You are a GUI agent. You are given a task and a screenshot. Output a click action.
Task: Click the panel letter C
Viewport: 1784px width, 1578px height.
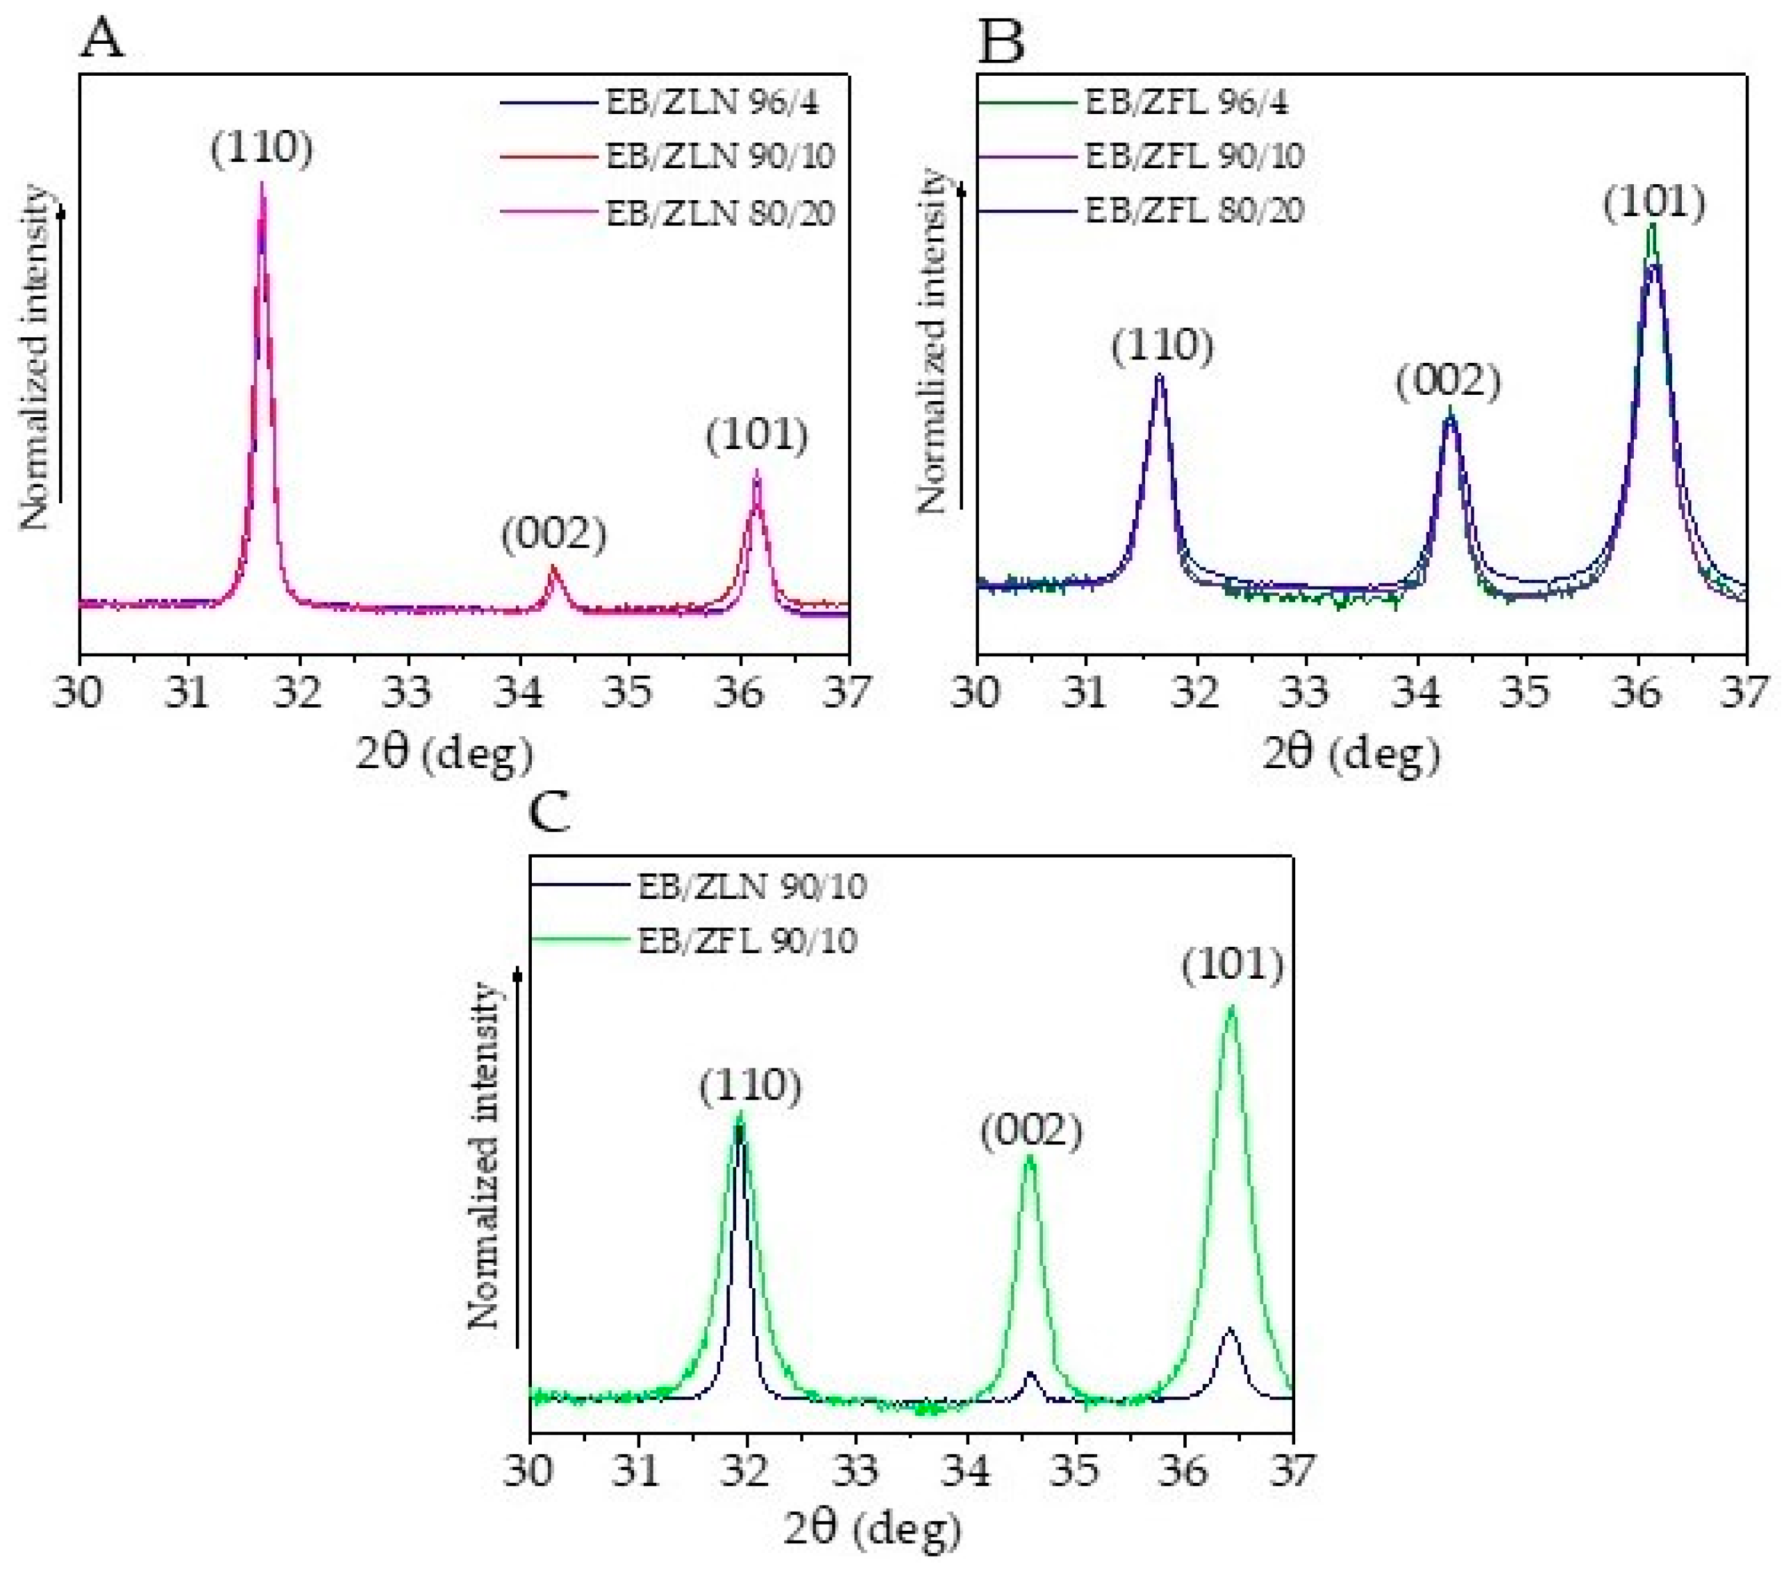coord(550,813)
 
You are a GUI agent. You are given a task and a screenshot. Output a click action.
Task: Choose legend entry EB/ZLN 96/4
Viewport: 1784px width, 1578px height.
coord(712,103)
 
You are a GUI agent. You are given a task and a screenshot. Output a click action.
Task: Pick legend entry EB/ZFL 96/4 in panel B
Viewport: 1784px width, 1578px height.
coord(1185,103)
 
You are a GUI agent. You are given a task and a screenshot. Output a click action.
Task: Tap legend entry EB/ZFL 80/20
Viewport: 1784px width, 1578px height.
coord(1194,211)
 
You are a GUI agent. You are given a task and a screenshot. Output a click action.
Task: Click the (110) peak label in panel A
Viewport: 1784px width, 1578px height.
coord(261,148)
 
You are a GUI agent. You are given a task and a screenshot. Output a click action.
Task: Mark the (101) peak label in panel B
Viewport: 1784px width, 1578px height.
coord(1654,204)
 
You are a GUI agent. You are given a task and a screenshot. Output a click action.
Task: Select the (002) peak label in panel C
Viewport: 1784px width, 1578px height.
coord(1031,1133)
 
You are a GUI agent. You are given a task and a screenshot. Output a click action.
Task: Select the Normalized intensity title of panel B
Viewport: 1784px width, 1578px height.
coord(932,341)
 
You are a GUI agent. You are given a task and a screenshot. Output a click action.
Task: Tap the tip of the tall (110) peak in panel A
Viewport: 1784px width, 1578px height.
coord(262,184)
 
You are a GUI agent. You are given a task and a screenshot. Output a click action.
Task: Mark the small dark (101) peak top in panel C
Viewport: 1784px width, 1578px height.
coord(1230,1329)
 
